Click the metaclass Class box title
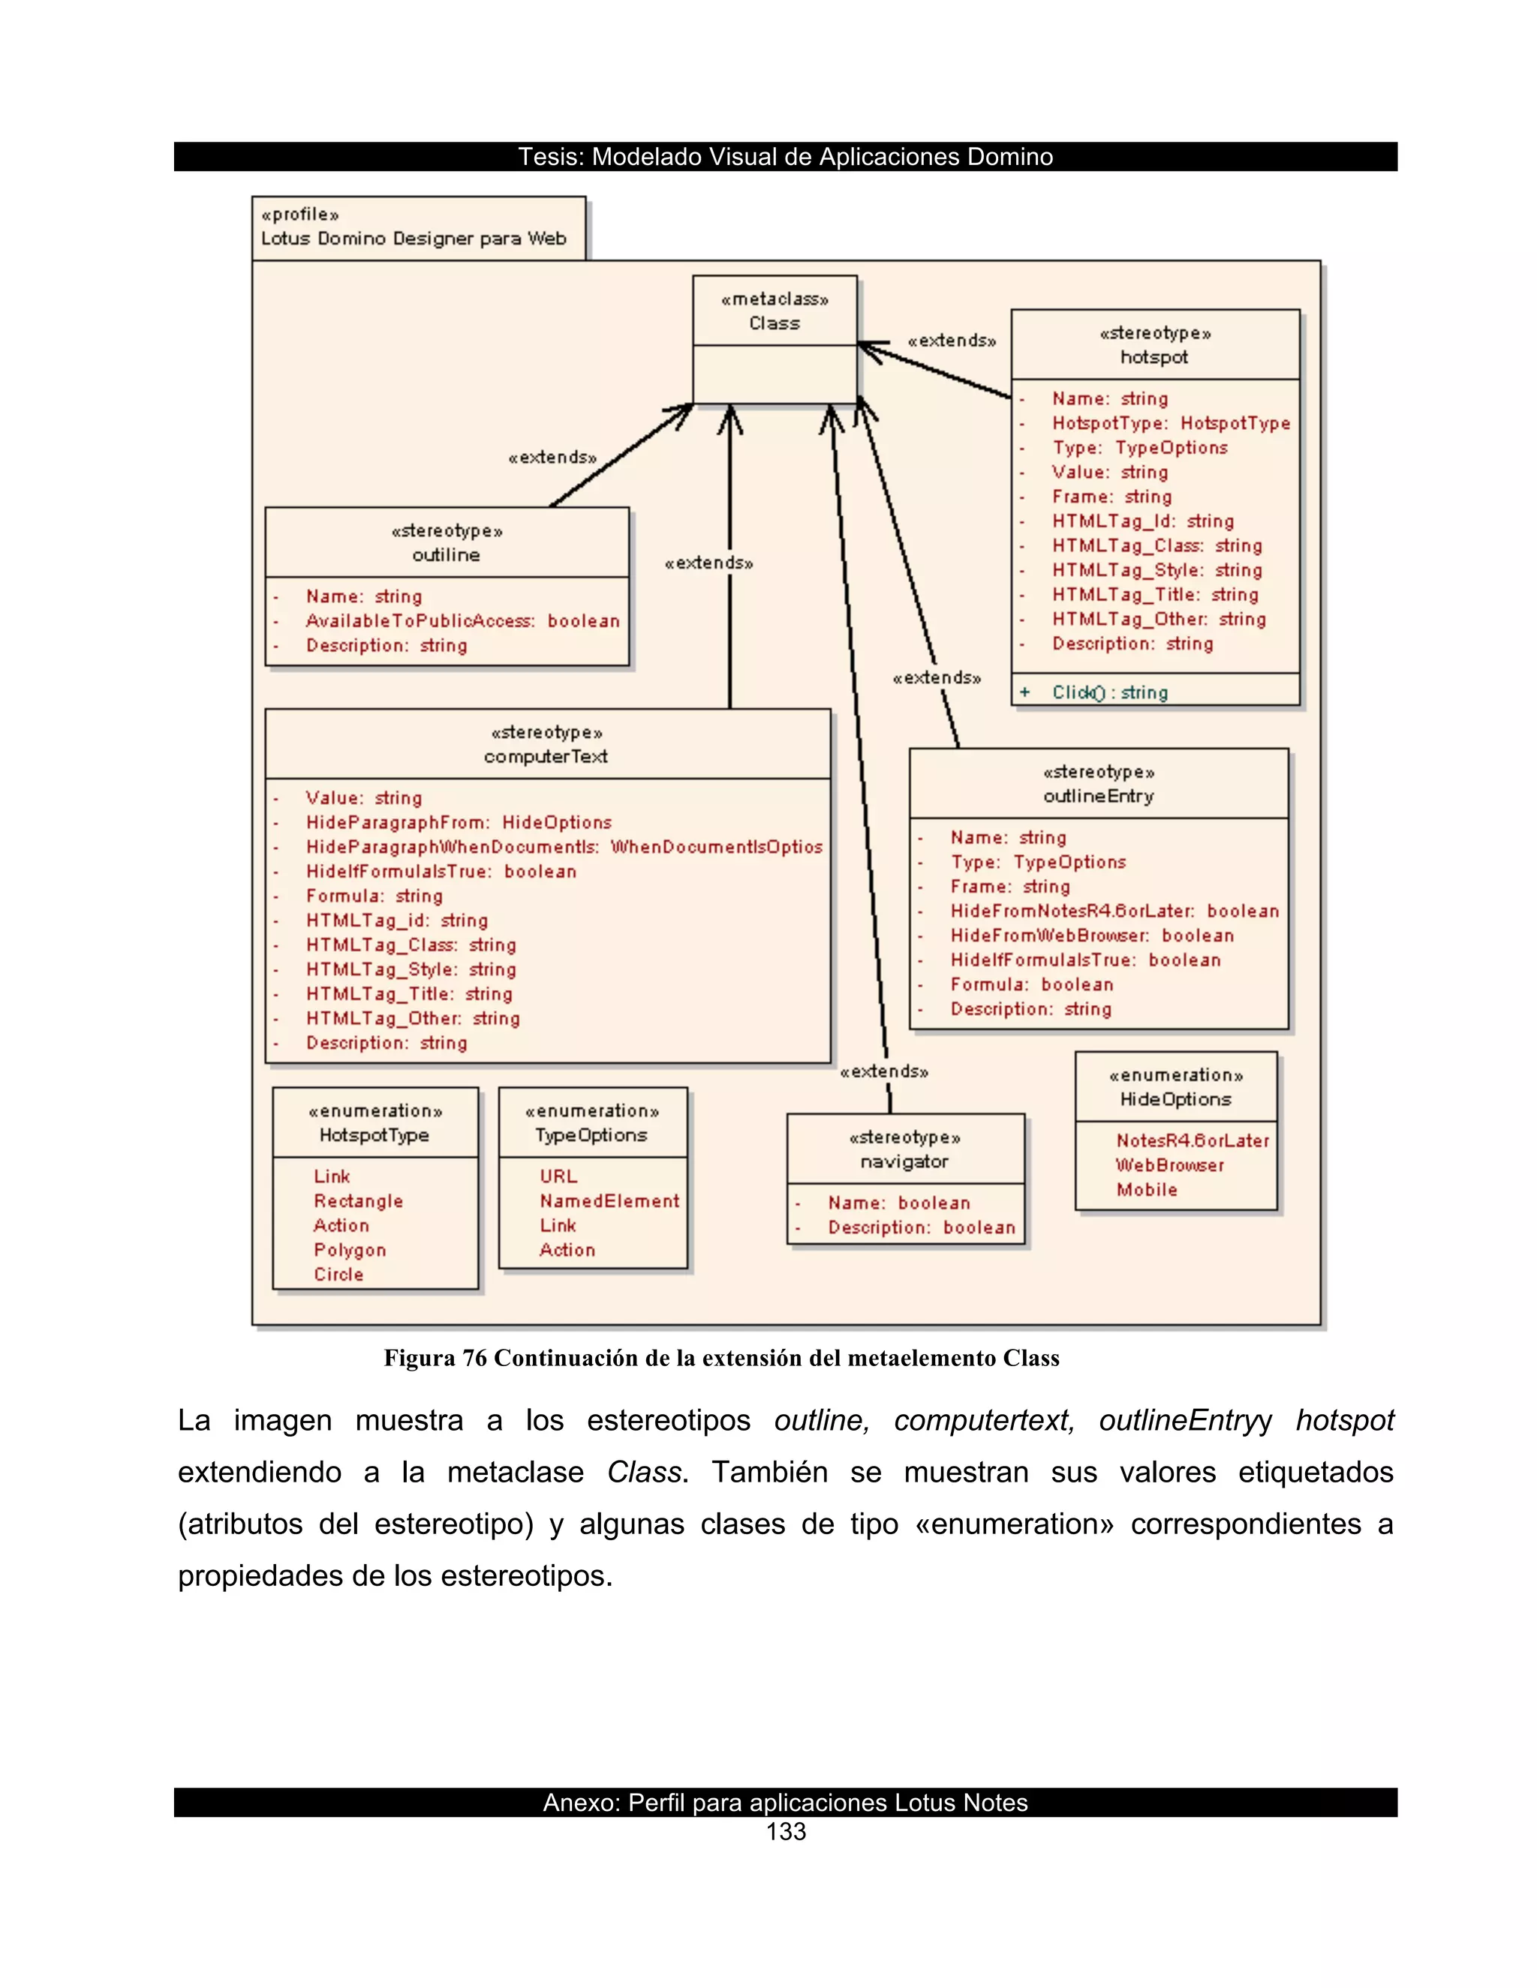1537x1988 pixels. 774,323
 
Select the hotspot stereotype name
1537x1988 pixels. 1154,357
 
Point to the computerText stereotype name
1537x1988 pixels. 546,756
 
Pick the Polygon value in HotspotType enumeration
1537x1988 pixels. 350,1250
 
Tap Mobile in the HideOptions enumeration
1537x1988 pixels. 1147,1190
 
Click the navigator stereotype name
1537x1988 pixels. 904,1161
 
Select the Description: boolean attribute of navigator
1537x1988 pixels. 921,1227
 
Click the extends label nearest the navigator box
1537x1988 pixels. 883,1071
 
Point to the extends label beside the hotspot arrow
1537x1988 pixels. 952,341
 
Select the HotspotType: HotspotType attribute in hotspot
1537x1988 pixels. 1171,423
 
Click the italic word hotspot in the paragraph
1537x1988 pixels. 1344,1420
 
